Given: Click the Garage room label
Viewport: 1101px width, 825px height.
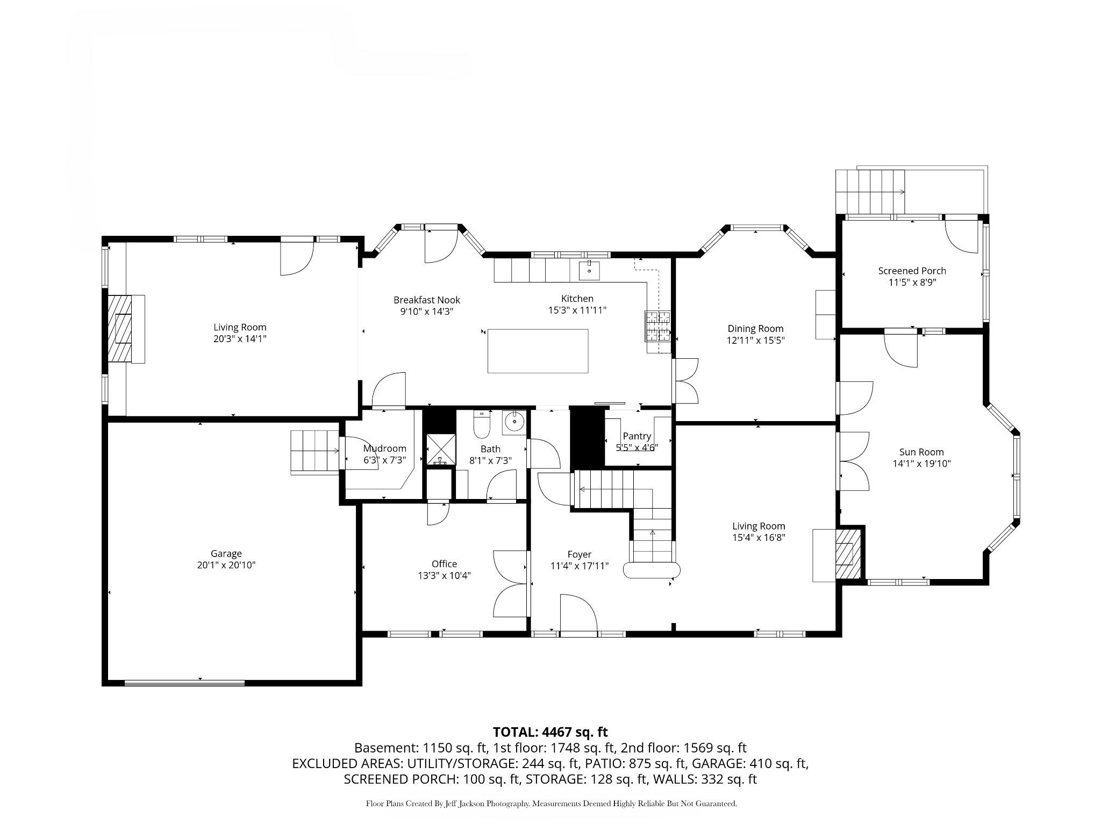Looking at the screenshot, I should point(226,553).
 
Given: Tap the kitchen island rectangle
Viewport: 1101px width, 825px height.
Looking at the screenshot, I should point(538,351).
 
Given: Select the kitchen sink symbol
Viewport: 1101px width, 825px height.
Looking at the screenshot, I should point(590,270).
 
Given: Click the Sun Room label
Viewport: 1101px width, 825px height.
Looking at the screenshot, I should point(921,452).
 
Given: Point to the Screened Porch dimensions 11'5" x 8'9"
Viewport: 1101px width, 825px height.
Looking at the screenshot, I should point(912,283).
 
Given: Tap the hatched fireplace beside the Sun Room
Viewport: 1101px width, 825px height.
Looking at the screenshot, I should point(848,554).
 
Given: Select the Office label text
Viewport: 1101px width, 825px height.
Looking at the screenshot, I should point(444,564).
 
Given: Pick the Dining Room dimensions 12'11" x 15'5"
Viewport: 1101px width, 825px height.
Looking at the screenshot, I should point(755,340).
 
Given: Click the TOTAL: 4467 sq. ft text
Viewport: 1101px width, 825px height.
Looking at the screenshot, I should point(550,732).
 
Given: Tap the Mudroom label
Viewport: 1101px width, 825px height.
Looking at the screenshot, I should point(384,448).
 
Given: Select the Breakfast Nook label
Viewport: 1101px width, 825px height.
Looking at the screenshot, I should point(426,300).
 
